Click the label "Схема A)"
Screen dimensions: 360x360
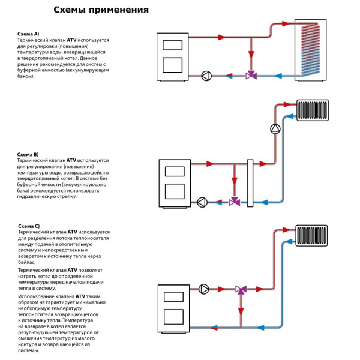click(28, 35)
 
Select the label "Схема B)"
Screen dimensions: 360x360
click(28, 155)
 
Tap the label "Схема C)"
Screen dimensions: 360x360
click(29, 226)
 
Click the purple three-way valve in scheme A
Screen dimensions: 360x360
click(251, 76)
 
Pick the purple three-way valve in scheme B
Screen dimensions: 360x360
click(235, 202)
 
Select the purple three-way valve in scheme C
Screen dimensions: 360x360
click(241, 290)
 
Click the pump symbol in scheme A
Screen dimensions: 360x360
click(206, 76)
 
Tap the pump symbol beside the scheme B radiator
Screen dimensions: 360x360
click(275, 128)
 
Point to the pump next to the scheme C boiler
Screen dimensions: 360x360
click(204, 290)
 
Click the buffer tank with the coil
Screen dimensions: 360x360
click(312, 48)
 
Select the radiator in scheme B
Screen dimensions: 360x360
click(313, 110)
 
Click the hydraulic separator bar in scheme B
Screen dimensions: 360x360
click(251, 183)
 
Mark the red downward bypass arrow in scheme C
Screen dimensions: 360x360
click(241, 312)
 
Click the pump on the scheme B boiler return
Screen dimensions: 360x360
click(202, 202)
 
